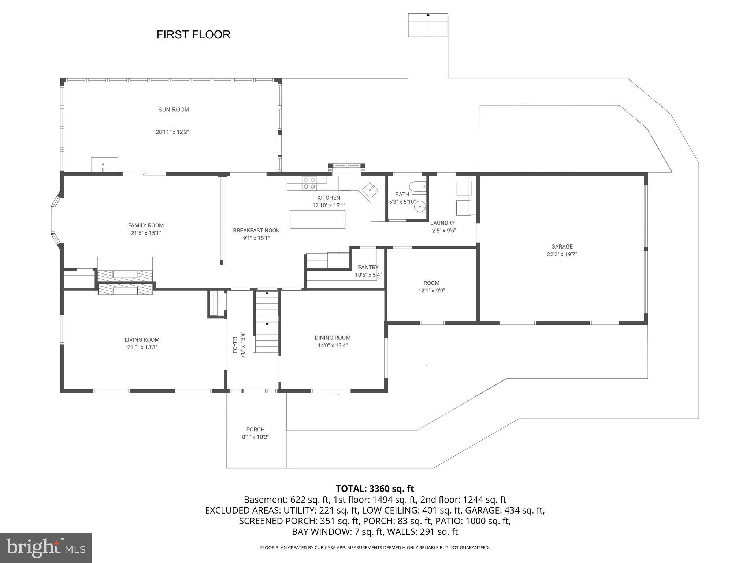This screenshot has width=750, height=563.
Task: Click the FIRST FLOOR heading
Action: point(193,34)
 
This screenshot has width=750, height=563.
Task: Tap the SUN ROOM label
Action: point(174,110)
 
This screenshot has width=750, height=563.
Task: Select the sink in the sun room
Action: point(104,165)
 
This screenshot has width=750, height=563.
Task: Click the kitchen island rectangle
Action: point(318,219)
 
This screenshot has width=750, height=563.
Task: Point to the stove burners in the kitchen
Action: point(309,183)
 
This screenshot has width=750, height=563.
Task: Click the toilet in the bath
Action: point(417,187)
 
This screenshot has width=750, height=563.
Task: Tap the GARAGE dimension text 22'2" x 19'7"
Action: point(562,254)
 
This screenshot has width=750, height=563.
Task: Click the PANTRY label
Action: point(368,267)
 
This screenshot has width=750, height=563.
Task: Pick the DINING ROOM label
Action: point(333,338)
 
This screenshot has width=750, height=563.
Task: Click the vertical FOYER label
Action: point(235,345)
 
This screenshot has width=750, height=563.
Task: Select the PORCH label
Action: point(255,429)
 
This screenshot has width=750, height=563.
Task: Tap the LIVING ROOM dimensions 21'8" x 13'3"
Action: point(142,347)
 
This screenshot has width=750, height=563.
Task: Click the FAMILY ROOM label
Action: point(146,225)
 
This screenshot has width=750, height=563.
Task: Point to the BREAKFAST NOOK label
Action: point(256,231)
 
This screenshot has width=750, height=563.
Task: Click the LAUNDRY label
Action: point(442,223)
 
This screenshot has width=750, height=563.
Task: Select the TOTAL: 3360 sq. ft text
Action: point(375,489)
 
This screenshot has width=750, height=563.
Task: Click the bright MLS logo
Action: point(45,548)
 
